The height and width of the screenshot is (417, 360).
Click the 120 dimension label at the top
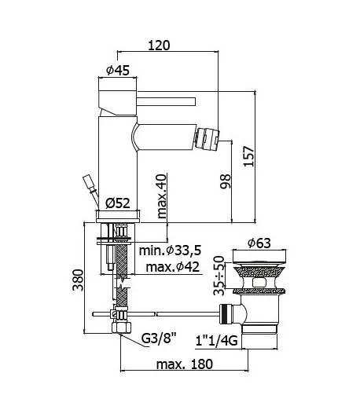click(x=159, y=46)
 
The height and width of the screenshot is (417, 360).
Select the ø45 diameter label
click(x=118, y=70)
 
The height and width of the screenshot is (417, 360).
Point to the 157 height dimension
click(x=249, y=156)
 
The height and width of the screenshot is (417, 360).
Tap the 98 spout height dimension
click(x=226, y=181)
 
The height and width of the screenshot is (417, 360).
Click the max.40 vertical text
click(x=162, y=196)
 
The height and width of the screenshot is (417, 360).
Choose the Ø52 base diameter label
click(x=118, y=203)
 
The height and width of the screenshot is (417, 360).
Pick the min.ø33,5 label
click(x=170, y=251)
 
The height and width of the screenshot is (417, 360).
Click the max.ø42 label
click(x=173, y=267)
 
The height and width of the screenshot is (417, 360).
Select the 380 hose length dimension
click(x=79, y=280)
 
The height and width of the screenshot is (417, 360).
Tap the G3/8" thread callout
click(x=159, y=338)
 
